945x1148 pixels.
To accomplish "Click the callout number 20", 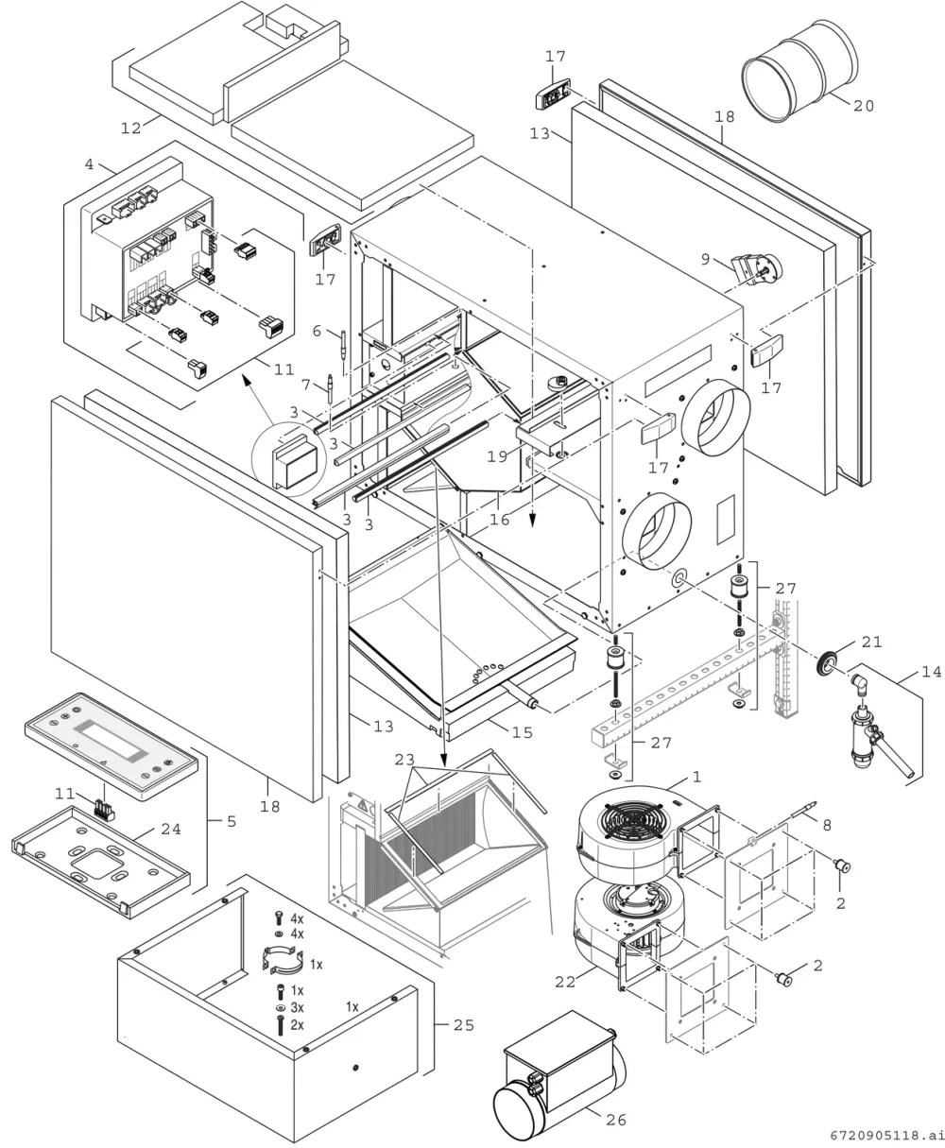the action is [864, 105].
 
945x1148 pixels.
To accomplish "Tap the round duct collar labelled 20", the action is [799, 71].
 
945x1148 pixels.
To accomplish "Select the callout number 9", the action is [706, 259].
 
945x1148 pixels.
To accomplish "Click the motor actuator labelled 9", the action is [756, 269].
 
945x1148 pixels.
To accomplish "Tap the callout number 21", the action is [871, 642].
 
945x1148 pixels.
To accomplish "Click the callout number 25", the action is [464, 1025].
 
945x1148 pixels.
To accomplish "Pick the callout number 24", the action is [171, 829].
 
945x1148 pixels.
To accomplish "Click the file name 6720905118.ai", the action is [886, 1136].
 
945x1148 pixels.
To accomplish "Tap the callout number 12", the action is [130, 128].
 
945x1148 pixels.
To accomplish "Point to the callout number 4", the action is [89, 163].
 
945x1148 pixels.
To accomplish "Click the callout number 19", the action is [497, 456].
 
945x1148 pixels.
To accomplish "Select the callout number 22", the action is [565, 982].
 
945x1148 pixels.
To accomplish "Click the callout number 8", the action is [827, 825].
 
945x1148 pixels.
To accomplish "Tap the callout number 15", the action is [522, 732].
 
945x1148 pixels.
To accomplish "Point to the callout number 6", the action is [317, 331].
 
